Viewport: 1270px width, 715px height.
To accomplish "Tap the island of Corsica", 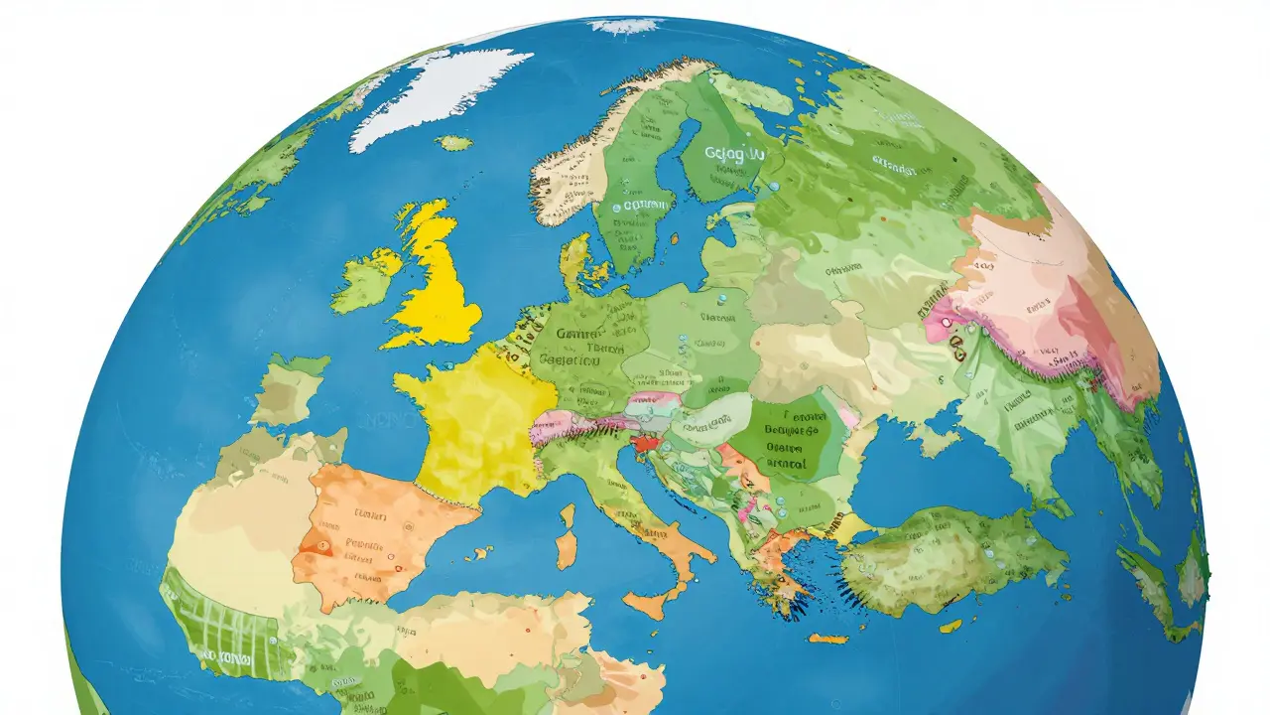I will click(570, 515).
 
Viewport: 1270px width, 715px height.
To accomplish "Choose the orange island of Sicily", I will click(646, 602).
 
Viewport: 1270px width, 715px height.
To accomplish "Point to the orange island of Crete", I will click(828, 639).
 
